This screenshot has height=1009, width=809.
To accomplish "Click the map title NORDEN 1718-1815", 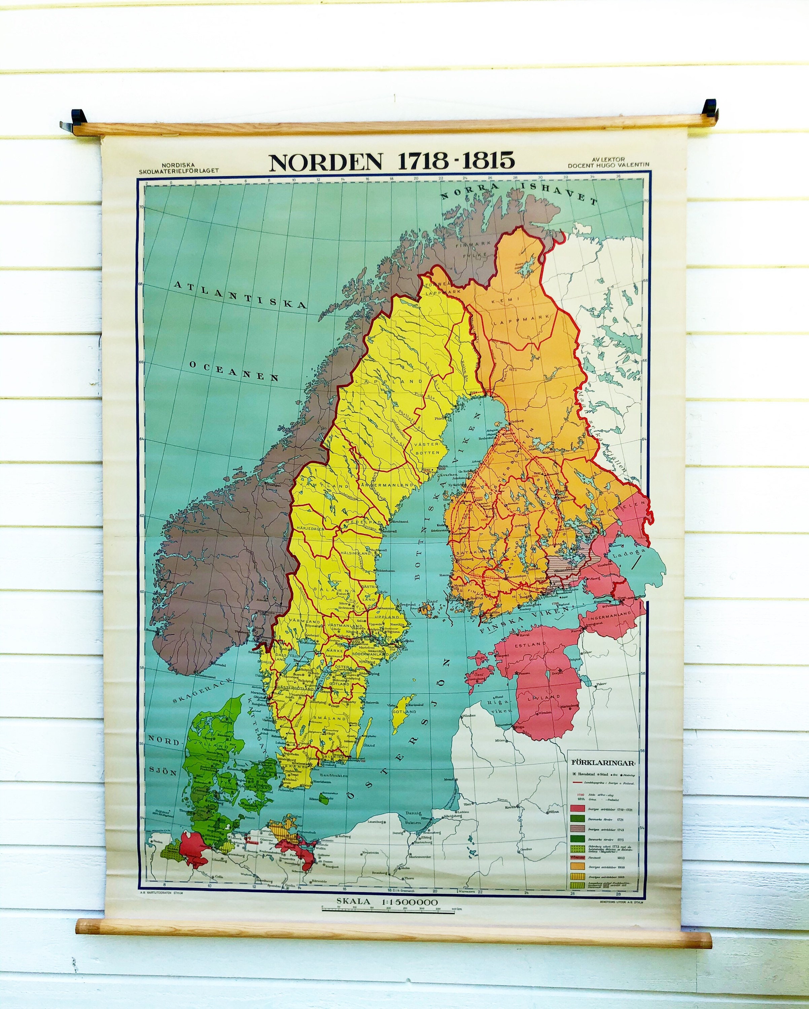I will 392,161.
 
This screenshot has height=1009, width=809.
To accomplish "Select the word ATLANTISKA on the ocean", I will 241,294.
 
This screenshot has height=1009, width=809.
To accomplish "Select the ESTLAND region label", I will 530,644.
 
